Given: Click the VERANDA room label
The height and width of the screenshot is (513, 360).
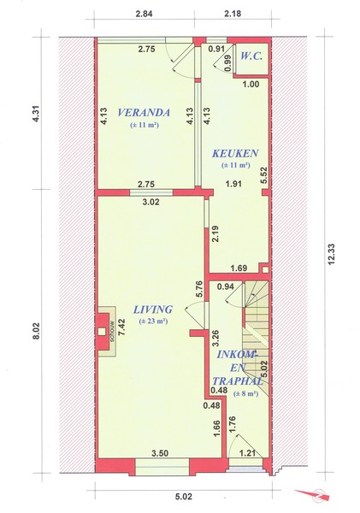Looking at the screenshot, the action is (x=144, y=113).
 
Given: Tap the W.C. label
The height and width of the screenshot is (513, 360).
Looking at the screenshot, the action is (x=251, y=56).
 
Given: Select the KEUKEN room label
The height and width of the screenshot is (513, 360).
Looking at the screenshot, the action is (x=235, y=153).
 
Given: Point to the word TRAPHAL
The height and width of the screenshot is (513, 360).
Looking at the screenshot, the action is (x=238, y=380).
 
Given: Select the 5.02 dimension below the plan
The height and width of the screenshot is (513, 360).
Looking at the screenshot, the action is (x=183, y=497).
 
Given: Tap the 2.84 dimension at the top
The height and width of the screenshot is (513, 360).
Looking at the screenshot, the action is (x=144, y=14).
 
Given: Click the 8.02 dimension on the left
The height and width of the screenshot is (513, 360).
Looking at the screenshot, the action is (x=36, y=331).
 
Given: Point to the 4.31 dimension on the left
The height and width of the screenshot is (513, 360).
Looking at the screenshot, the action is (x=36, y=114).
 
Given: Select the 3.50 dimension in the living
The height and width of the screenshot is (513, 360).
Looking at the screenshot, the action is (x=160, y=453).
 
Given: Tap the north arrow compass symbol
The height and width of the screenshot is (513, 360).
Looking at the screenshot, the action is (x=313, y=494).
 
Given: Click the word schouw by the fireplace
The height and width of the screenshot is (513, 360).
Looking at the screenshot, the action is (x=112, y=330).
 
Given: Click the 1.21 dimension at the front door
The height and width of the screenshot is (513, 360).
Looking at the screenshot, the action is (x=248, y=453).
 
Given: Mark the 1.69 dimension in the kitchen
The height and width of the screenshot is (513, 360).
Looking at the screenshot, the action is (x=239, y=269).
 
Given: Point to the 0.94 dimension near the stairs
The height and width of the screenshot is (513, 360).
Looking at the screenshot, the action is (x=226, y=287).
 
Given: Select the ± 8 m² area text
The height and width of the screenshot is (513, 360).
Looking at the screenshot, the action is (x=245, y=394).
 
